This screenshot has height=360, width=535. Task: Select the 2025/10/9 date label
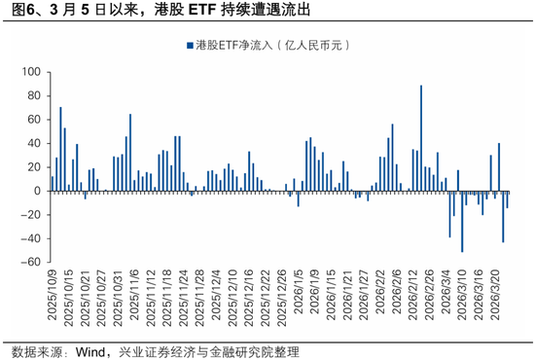point(53,297)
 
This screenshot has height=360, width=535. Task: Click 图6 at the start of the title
point(18,11)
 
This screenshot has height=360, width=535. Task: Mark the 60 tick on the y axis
point(33,120)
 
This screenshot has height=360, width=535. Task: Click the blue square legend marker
point(188,46)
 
